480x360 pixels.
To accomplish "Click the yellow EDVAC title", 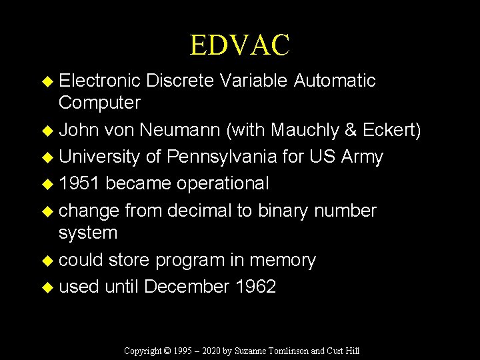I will pyautogui.click(x=239, y=45).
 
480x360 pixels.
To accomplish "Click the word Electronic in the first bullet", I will pyautogui.click(x=99, y=81).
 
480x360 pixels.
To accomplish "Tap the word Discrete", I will pyautogui.click(x=179, y=81).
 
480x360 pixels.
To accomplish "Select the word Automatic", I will pyautogui.click(x=335, y=81).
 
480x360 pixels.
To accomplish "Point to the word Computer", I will pyautogui.click(x=99, y=103).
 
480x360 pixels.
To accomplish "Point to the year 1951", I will pyautogui.click(x=79, y=183).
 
